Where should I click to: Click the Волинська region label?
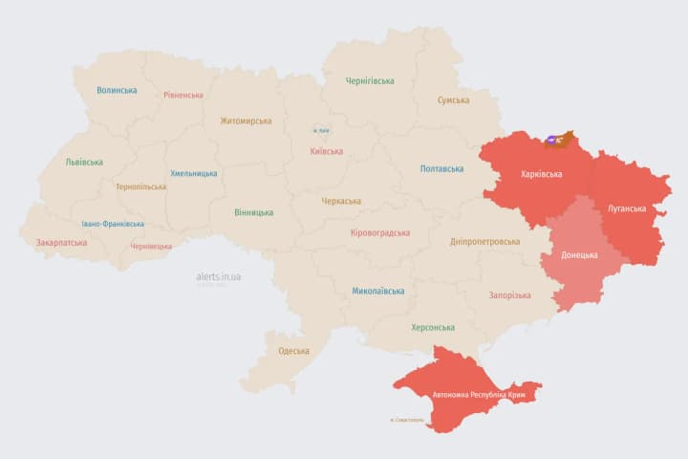coord(117,91)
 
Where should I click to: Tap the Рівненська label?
coord(183,96)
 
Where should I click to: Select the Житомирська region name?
coord(246,121)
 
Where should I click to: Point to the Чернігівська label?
coord(370,81)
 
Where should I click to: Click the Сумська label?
coord(453,100)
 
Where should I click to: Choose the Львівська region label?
coord(84,163)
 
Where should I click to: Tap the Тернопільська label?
coord(140,187)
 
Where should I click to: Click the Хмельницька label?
coord(193,174)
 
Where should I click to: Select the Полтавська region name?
coord(441,169)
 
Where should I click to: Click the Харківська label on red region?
coord(542,175)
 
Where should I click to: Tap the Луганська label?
coord(627,208)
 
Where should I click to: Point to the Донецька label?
coord(579,255)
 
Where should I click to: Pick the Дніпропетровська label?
coord(486,242)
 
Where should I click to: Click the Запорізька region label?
coord(509,295)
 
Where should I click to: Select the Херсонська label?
coord(433,327)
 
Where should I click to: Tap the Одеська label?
coord(293,351)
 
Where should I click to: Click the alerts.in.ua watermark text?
coord(219,276)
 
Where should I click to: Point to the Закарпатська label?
coord(61,243)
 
